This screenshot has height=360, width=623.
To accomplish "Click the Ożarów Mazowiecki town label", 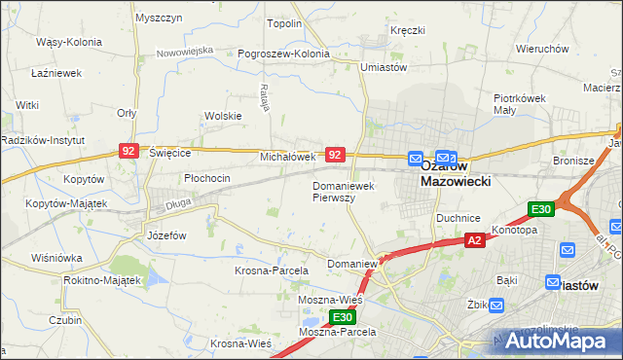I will [x=455, y=173].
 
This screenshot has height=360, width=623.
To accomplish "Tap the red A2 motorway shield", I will [x=474, y=240].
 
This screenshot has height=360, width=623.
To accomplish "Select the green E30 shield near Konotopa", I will [x=541, y=209].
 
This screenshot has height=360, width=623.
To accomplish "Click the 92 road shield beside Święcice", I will [x=128, y=151].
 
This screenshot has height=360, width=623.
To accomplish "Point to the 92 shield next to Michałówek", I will [x=335, y=155].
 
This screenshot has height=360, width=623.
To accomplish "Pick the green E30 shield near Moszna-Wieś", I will [x=341, y=317].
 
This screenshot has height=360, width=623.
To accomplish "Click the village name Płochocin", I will [x=207, y=178].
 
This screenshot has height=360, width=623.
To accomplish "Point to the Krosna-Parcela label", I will [x=272, y=270].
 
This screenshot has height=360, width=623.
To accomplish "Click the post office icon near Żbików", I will [x=497, y=306].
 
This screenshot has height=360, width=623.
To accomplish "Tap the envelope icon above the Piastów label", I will [x=568, y=250].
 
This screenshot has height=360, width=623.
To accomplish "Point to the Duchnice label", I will [x=456, y=218].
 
